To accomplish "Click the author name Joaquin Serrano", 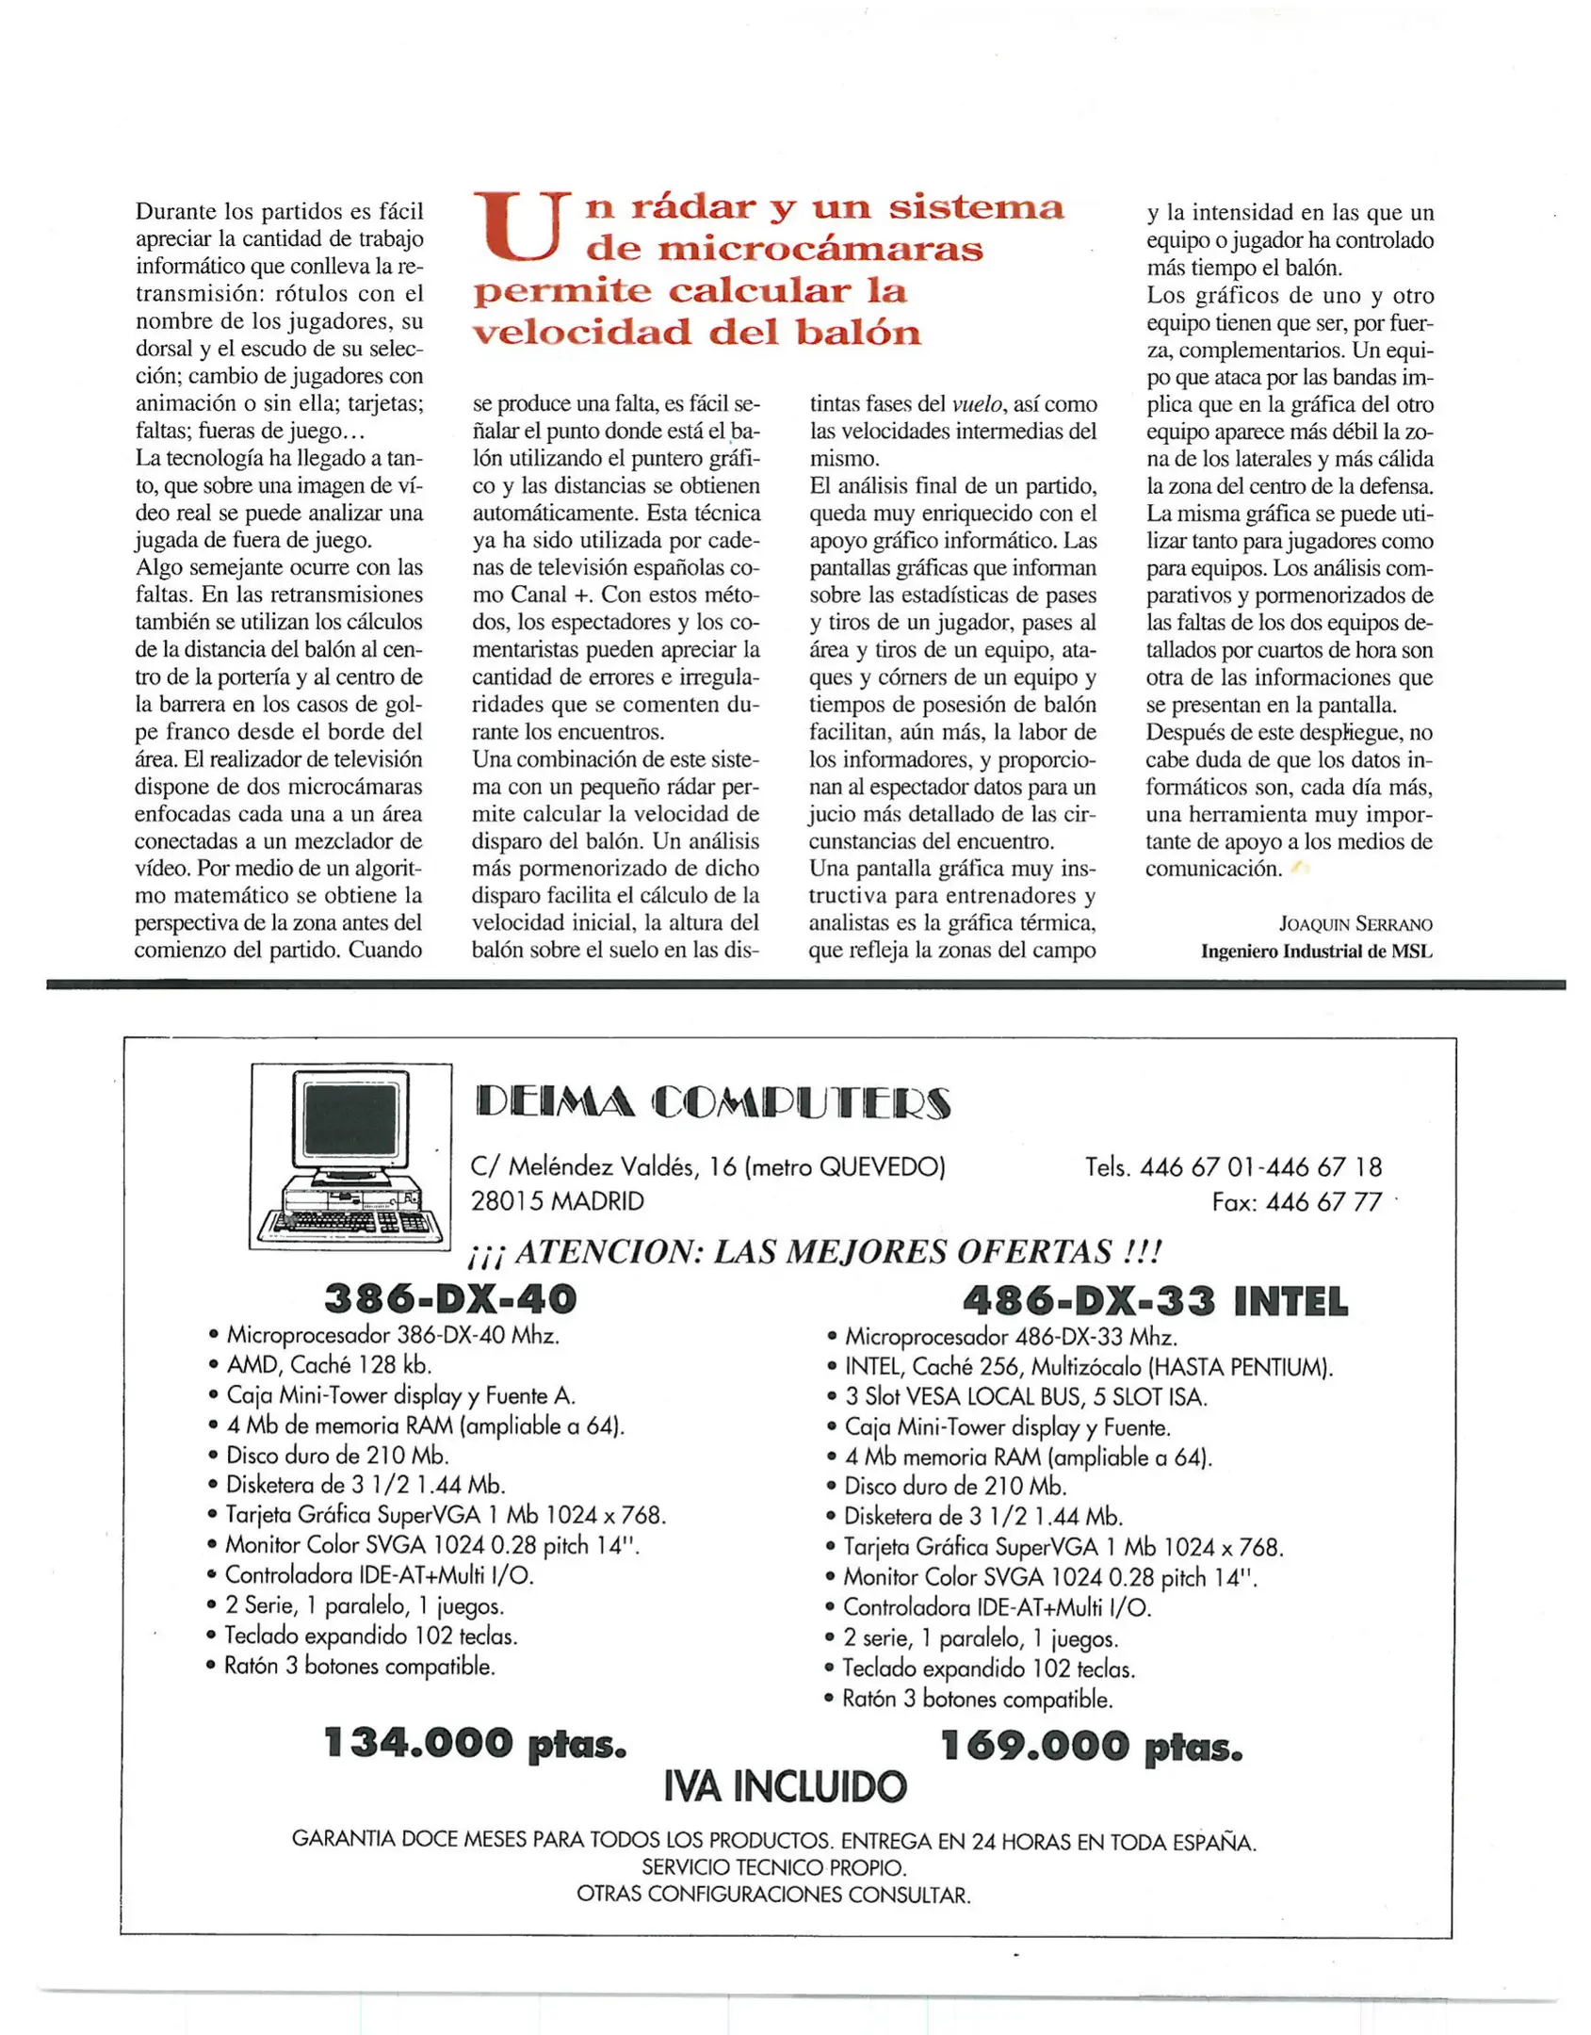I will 1355,924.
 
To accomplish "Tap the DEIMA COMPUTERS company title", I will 713,1102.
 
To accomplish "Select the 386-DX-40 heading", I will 449,1299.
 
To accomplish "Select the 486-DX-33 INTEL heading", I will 1154,1302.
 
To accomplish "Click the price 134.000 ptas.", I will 474,1743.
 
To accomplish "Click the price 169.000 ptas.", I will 1091,1746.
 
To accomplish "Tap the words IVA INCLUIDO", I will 785,1787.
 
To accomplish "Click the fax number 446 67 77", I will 1323,1202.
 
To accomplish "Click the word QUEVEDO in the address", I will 880,1167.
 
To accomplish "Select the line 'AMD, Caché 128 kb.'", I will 329,1365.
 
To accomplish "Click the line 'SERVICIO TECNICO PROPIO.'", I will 773,1867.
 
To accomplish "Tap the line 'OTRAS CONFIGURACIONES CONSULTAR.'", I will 773,1894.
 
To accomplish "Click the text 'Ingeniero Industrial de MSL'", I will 1315,952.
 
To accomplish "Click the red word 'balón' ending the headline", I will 857,333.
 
